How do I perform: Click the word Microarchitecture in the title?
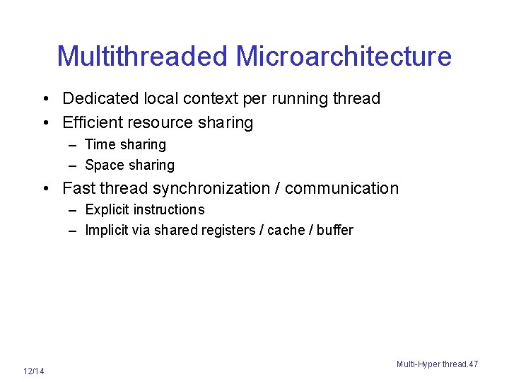coord(344,56)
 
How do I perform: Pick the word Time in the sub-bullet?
coord(100,145)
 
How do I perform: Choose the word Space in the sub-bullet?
coord(104,165)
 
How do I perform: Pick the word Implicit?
coord(106,230)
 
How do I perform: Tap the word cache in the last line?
coord(286,230)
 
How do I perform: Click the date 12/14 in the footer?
coord(33,371)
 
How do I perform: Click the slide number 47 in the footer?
coord(473,364)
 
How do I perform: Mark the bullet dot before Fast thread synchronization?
coord(45,189)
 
